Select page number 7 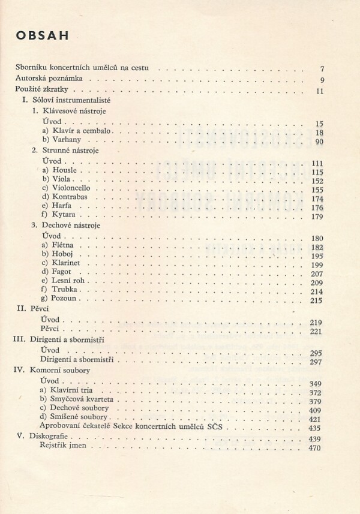322,69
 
